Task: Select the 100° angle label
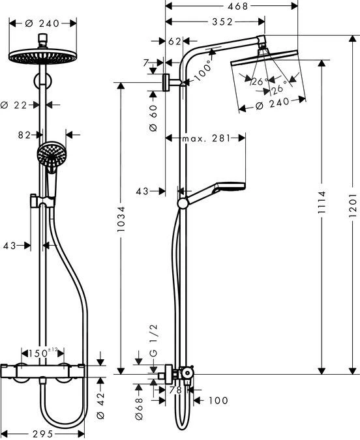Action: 202,68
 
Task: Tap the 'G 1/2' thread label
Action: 153,353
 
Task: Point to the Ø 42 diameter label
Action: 100,400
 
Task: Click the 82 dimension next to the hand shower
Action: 25,135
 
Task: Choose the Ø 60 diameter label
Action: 153,118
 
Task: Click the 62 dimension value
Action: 174,41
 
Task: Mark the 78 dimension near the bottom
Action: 174,390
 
